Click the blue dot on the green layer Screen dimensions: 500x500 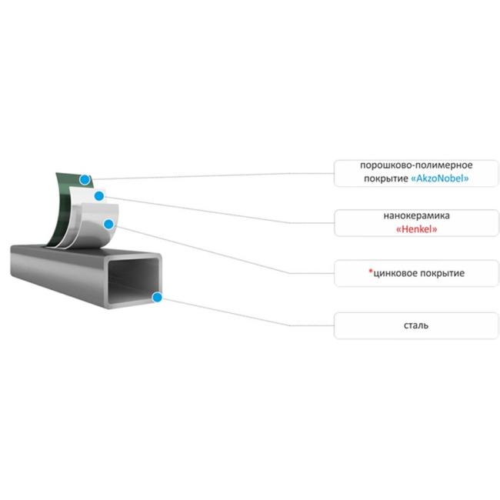click(x=85, y=180)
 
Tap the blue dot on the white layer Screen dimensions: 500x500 click(x=99, y=196)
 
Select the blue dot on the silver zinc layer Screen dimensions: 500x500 click(x=109, y=224)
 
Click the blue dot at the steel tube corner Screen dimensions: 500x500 click(x=157, y=298)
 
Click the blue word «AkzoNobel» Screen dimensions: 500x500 click(x=440, y=178)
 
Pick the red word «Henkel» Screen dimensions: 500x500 click(x=416, y=229)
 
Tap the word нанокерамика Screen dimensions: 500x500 click(x=416, y=216)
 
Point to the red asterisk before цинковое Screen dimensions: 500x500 click(x=371, y=272)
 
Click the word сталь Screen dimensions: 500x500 click(x=416, y=325)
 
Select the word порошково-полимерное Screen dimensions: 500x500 click(x=416, y=165)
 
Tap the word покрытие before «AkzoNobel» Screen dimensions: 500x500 click(x=386, y=178)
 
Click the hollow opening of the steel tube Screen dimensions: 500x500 click(x=132, y=280)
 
